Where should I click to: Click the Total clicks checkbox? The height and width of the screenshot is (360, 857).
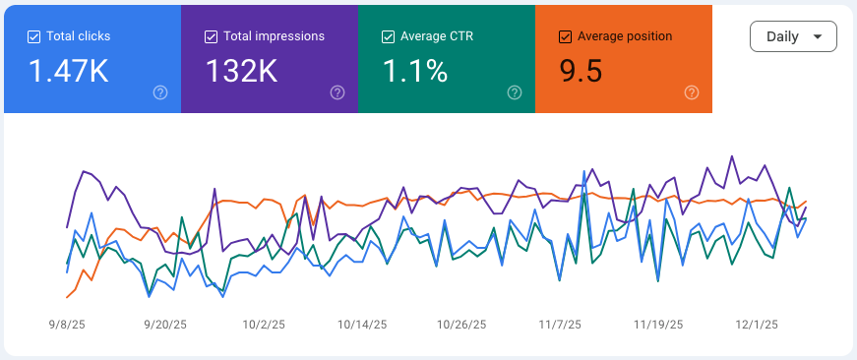pos(34,36)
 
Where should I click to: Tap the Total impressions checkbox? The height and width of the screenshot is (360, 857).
pos(211,36)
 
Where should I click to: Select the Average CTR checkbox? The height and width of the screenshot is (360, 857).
pos(388,36)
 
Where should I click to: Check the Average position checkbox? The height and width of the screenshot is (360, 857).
pos(565,36)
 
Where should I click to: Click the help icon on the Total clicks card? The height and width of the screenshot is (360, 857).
pos(160,92)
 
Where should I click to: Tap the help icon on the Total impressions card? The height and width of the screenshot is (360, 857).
pos(337,92)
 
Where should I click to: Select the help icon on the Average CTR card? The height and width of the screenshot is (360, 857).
pos(515,92)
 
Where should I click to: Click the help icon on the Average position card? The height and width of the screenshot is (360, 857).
pos(692,92)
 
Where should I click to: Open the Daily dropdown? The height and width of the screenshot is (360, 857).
pos(793,36)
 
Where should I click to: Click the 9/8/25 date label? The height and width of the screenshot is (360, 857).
pos(67,324)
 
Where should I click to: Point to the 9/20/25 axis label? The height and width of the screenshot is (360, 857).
pos(165,324)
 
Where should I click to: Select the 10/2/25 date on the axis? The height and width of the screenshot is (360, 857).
pos(264,324)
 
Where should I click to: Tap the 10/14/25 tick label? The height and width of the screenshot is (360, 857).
pos(362,324)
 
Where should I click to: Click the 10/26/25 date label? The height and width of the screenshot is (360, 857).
pos(461,324)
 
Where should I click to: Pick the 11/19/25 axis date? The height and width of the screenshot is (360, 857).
pos(658,324)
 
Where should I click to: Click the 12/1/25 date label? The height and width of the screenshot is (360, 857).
pos(757,324)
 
